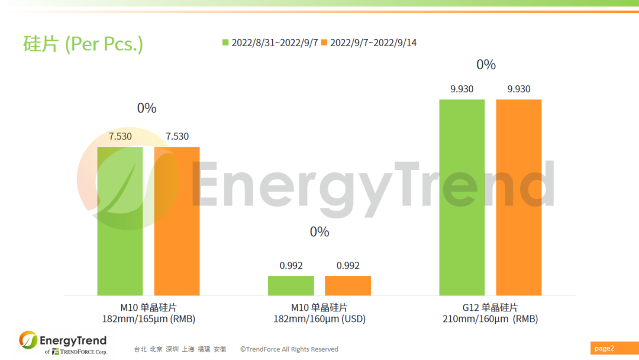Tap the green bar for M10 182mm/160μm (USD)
[291, 285]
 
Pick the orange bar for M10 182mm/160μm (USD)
[348, 285]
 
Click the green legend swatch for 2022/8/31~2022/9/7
[225, 43]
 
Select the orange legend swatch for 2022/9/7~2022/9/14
[324, 43]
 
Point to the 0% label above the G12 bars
[486, 65]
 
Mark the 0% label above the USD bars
[319, 232]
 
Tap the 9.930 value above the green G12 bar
[461, 89]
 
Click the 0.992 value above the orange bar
[348, 266]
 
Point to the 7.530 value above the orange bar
[177, 136]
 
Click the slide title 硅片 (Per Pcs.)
[83, 44]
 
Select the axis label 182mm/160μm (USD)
[319, 319]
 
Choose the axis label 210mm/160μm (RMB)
[490, 319]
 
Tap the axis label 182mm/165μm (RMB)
[149, 319]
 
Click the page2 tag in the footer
[605, 348]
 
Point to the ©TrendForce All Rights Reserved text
[289, 349]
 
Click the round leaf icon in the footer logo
[28, 340]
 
